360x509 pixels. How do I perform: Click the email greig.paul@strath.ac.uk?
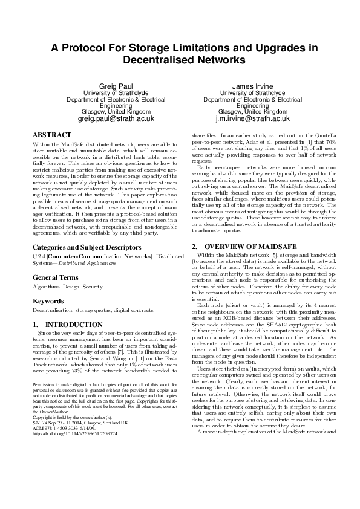(x=117, y=119)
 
